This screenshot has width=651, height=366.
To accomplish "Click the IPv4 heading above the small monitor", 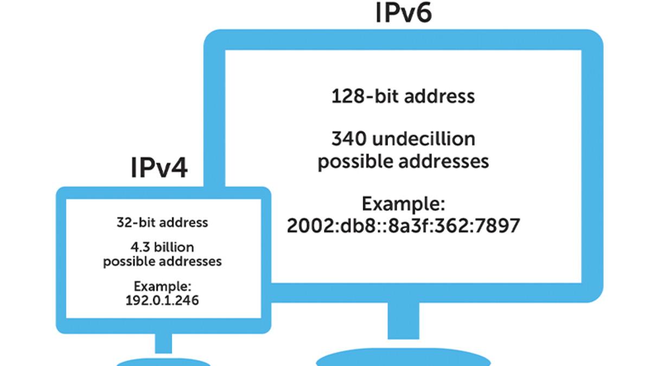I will (159, 168).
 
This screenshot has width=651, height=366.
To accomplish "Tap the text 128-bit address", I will (403, 97).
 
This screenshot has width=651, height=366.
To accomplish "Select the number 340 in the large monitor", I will (349, 139).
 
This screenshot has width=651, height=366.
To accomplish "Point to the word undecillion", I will (424, 139).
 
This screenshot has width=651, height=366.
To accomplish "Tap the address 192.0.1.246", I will (162, 299).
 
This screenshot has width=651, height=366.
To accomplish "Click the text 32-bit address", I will (162, 222).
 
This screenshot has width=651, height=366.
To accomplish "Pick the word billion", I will (174, 248).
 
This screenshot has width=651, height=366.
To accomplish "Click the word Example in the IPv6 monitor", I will (403, 204).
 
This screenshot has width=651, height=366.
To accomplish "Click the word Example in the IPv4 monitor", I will (162, 286).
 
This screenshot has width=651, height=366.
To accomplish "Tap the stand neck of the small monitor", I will (163, 343).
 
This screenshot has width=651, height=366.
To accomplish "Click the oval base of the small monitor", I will (163, 362).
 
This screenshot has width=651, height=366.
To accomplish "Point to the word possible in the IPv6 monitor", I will (353, 162).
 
